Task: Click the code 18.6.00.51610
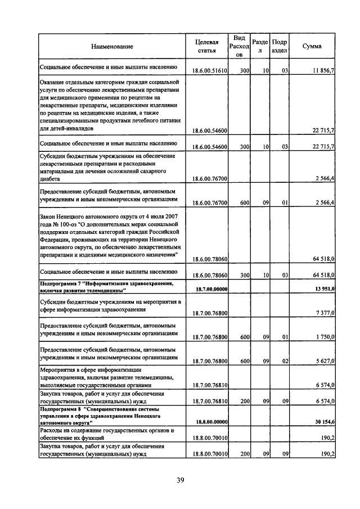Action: click(x=209, y=71)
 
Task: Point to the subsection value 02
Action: click(x=285, y=361)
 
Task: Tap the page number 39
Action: click(x=180, y=480)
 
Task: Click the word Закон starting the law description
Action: click(x=50, y=216)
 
